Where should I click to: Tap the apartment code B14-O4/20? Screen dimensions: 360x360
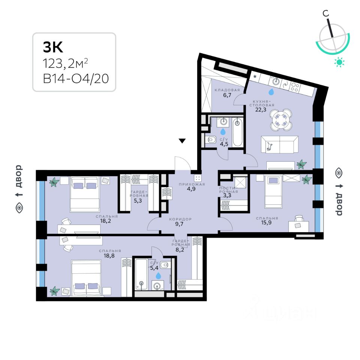click(x=73, y=79)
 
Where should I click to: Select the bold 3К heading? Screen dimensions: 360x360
click(x=53, y=47)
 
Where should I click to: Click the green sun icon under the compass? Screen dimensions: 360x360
click(x=339, y=62)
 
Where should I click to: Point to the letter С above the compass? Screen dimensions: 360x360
click(x=326, y=13)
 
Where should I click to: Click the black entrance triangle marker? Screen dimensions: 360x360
click(x=182, y=141)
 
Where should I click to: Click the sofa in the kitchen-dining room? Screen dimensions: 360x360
click(x=280, y=144)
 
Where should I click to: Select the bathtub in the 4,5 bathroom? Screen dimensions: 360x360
click(x=238, y=132)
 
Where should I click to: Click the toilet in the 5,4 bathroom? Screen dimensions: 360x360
click(x=167, y=265)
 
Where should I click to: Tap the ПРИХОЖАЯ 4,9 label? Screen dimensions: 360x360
click(x=192, y=186)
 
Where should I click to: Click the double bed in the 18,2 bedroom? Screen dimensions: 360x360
click(x=85, y=193)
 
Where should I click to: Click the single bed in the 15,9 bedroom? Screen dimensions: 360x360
click(x=273, y=192)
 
